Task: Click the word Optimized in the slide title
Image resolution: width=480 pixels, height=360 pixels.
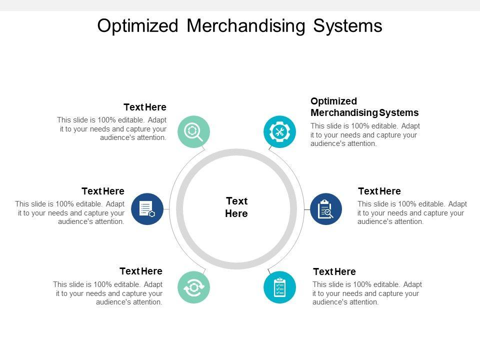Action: (x=137, y=26)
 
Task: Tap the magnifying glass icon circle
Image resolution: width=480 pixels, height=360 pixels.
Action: (x=194, y=131)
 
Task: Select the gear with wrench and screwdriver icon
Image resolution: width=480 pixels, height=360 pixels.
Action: (x=279, y=131)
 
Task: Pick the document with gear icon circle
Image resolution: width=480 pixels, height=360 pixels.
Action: (x=147, y=209)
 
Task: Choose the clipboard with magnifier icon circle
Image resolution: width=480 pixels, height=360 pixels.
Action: (x=326, y=209)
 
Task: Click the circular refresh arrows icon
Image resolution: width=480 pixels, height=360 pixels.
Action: (x=194, y=287)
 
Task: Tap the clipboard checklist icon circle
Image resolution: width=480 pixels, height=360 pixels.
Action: (x=279, y=287)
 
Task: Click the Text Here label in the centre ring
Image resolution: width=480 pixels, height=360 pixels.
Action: (x=236, y=207)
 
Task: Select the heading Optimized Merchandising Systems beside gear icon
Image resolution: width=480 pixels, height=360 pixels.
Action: (x=364, y=106)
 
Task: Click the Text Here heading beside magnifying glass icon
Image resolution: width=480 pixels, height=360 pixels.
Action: (x=145, y=107)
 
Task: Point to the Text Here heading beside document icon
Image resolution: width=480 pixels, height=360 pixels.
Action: (x=103, y=191)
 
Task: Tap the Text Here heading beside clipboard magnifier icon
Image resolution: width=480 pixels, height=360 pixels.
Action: (x=379, y=191)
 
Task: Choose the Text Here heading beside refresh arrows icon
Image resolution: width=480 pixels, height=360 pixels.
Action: (x=141, y=271)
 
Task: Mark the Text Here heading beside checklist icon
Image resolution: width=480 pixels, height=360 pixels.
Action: (x=334, y=271)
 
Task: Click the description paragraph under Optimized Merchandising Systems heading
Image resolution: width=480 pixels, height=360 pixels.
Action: (x=365, y=134)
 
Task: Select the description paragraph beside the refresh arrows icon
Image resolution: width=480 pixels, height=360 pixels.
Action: (x=108, y=293)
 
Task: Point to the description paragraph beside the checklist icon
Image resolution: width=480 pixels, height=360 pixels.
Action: (x=367, y=293)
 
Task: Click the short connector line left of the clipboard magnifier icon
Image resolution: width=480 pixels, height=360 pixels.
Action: (x=306, y=209)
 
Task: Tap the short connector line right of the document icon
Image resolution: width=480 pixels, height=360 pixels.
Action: (x=166, y=209)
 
